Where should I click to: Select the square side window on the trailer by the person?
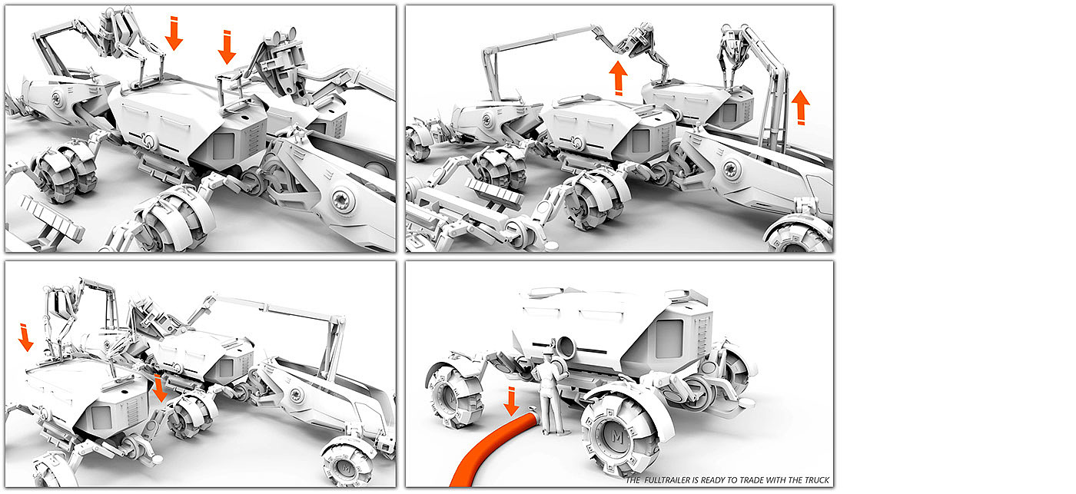(668, 339)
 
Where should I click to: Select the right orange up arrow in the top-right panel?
(801, 107)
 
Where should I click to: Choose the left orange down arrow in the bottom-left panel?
(25, 337)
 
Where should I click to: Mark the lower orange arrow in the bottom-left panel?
(159, 388)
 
